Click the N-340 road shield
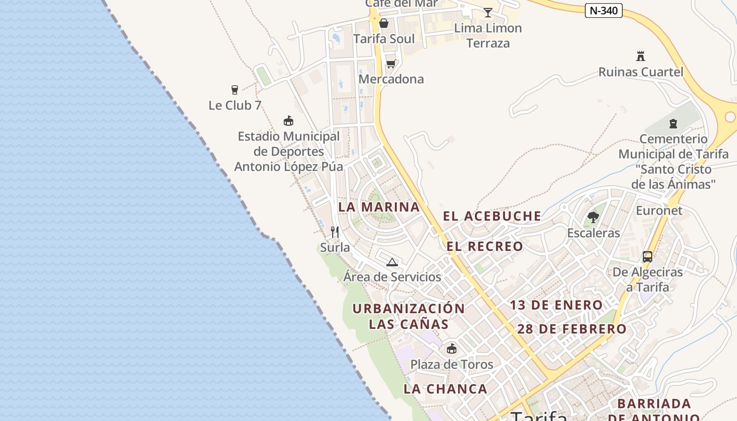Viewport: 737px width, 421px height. tap(603, 10)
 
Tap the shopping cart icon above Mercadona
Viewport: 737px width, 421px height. tap(391, 64)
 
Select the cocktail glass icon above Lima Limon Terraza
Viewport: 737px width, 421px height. tap(488, 13)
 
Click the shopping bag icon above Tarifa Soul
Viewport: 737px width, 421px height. tap(384, 23)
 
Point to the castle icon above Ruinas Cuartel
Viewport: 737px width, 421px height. tap(641, 56)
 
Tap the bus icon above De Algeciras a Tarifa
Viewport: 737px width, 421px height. tap(648, 257)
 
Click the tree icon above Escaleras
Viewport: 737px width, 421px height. tap(593, 217)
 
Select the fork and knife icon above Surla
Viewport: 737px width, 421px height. tap(335, 232)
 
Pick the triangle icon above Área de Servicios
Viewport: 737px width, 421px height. tap(392, 262)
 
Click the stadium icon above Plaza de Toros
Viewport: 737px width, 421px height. tap(452, 348)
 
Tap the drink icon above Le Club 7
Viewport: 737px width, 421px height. tap(235, 90)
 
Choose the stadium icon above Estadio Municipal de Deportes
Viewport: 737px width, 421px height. tap(288, 121)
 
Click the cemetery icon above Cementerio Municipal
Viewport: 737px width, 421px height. tap(673, 124)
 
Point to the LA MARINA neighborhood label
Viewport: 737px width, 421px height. tap(379, 207)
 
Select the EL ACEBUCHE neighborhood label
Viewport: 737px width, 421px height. tap(492, 216)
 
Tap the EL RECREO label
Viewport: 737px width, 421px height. tap(485, 246)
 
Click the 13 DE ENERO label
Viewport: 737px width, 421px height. tap(556, 305)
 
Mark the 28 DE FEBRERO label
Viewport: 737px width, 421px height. tap(572, 329)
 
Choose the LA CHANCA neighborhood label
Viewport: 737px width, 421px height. tap(445, 389)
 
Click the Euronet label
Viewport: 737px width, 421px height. tap(659, 210)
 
